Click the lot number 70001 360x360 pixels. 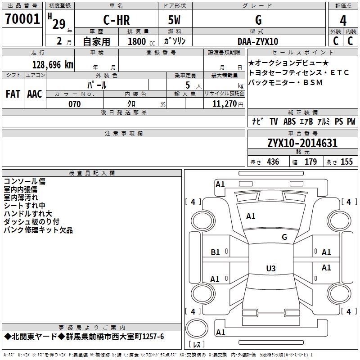click(22, 20)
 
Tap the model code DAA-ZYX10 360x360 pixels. click(258, 41)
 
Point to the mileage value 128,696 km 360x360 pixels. click(53, 64)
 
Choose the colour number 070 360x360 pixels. click(74, 104)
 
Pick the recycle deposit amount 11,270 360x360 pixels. click(224, 104)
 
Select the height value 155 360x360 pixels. click(347, 162)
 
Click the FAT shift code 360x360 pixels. click(13, 94)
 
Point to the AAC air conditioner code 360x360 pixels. click(34, 94)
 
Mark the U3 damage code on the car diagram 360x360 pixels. click(270, 269)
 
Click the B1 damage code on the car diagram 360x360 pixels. click(216, 252)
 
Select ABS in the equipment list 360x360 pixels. click(290, 121)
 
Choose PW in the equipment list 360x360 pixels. click(351, 121)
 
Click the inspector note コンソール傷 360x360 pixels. click(25, 181)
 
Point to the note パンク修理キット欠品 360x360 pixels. click(38, 230)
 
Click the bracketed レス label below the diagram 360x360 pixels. click(196, 345)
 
